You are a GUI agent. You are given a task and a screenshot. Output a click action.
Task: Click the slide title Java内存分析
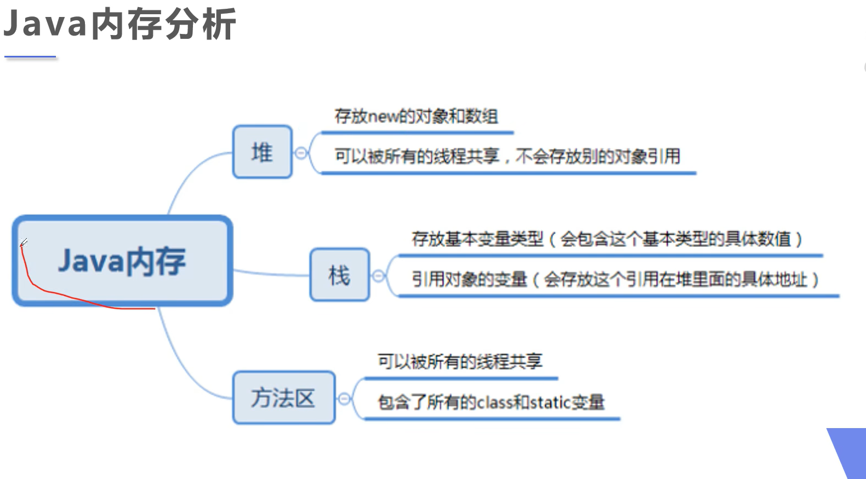(119, 24)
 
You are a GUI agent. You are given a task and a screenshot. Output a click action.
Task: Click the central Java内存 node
(122, 261)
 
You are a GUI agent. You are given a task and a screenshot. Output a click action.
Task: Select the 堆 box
(262, 152)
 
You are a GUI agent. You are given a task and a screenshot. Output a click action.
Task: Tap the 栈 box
(339, 275)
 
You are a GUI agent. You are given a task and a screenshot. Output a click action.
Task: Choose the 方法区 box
(283, 397)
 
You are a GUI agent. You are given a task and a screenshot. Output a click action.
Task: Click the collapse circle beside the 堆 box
(301, 153)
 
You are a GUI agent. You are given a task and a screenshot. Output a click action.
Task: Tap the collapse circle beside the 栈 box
(378, 276)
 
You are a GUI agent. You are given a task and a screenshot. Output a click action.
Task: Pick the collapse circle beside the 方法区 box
(344, 399)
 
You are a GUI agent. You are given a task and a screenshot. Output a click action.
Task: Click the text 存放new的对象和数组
(417, 116)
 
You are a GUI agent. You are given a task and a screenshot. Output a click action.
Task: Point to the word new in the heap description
(383, 117)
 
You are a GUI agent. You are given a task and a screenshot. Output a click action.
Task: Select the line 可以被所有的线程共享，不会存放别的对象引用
(508, 157)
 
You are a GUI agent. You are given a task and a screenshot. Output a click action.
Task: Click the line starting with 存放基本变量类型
(607, 239)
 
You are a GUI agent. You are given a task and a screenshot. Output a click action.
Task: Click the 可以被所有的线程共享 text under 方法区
(460, 361)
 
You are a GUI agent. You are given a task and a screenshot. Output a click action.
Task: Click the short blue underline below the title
(30, 56)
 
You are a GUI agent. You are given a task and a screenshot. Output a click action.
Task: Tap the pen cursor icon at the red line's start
(24, 242)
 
